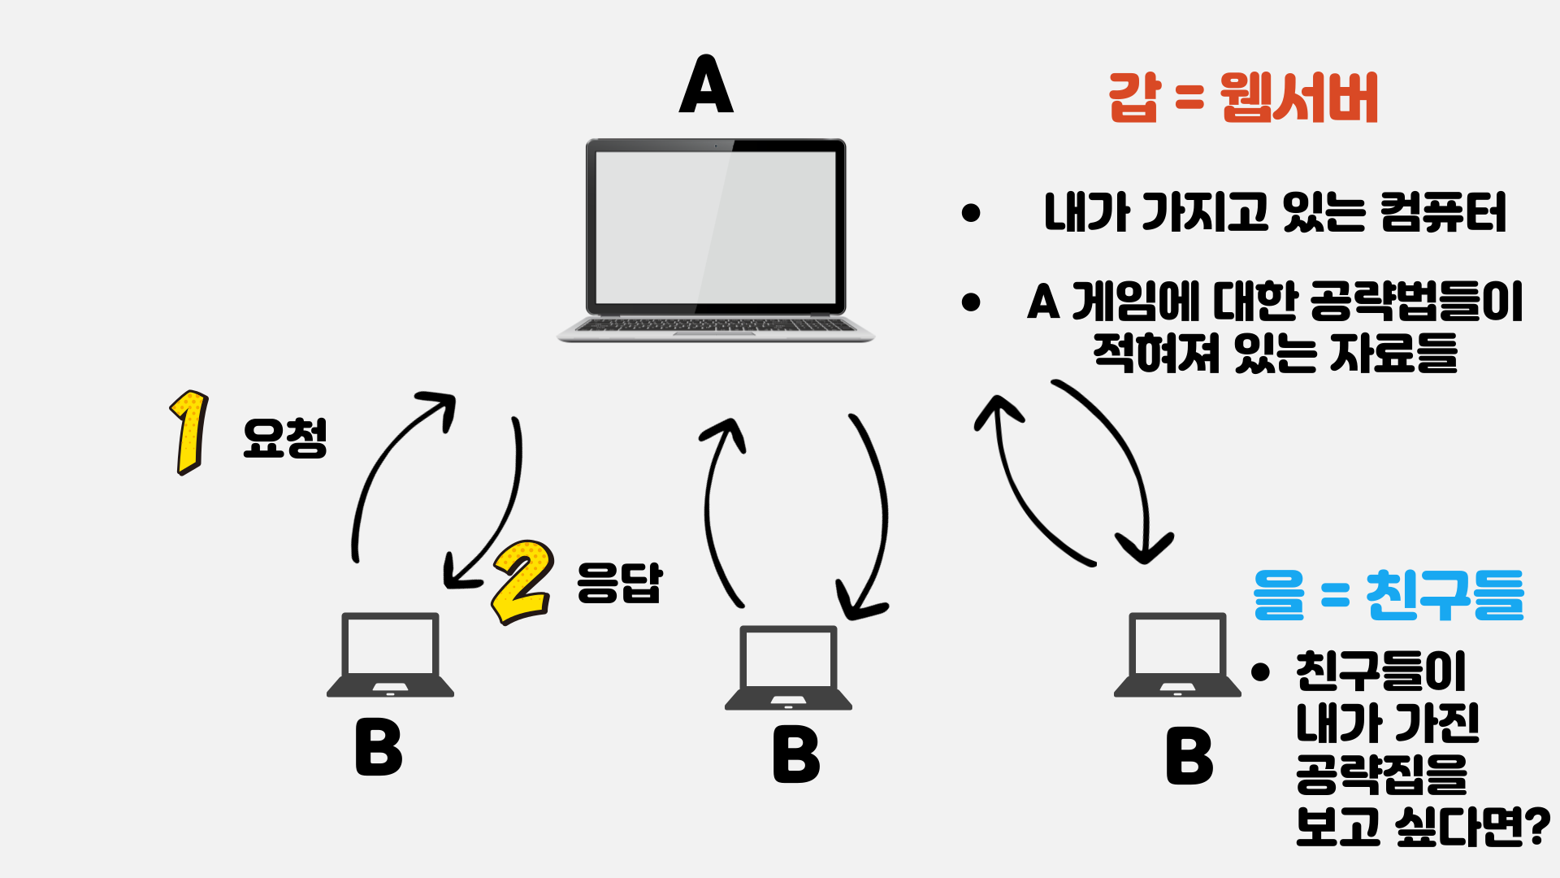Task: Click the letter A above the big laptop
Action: pyautogui.click(x=706, y=85)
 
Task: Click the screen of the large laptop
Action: pyautogui.click(x=715, y=228)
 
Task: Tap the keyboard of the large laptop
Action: pyautogui.click(x=715, y=325)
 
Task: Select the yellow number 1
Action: pyautogui.click(x=190, y=432)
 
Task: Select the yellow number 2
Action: pyautogui.click(x=523, y=580)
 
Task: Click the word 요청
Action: pyautogui.click(x=284, y=439)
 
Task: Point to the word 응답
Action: pyautogui.click(x=619, y=582)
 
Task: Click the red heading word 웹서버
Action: pyautogui.click(x=1298, y=98)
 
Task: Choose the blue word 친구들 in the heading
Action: pyautogui.click(x=1445, y=595)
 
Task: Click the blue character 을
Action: pyautogui.click(x=1279, y=595)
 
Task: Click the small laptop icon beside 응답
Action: pyautogui.click(x=390, y=654)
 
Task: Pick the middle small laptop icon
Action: pyautogui.click(x=788, y=667)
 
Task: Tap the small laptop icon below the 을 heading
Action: pyautogui.click(x=1177, y=654)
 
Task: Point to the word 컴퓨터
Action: pyautogui.click(x=1443, y=213)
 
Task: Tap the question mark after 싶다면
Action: pyautogui.click(x=1534, y=828)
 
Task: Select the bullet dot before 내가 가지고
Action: pyautogui.click(x=970, y=213)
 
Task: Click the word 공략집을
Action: pyautogui.click(x=1381, y=774)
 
